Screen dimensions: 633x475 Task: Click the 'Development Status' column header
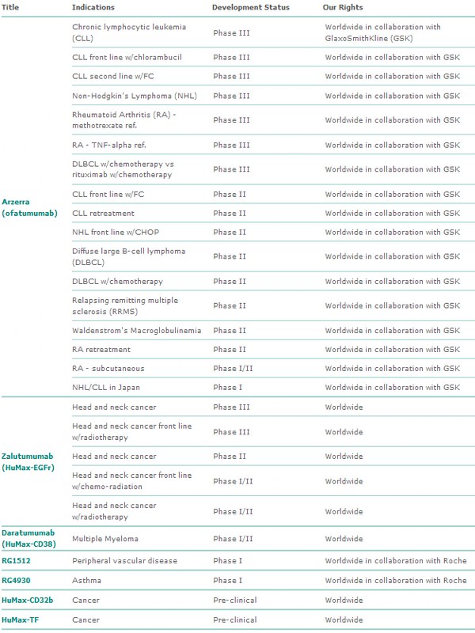pos(250,7)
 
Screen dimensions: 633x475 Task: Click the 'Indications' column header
pos(93,7)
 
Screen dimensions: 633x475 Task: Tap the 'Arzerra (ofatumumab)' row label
pos(29,207)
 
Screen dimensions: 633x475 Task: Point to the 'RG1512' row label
pos(17,561)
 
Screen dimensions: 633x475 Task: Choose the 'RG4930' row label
pos(17,580)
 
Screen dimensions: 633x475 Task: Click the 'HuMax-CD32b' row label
pos(26,600)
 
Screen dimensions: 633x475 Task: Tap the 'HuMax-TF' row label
pos(20,620)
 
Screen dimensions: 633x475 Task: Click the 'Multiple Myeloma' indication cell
pos(105,539)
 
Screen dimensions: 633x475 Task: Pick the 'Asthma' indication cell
pos(85,580)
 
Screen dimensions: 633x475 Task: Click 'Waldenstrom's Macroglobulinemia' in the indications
pos(136,331)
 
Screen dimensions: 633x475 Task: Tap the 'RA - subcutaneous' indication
pos(106,369)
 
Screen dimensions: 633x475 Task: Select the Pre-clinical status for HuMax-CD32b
pos(234,600)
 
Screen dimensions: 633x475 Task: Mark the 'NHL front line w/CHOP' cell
pos(115,233)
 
